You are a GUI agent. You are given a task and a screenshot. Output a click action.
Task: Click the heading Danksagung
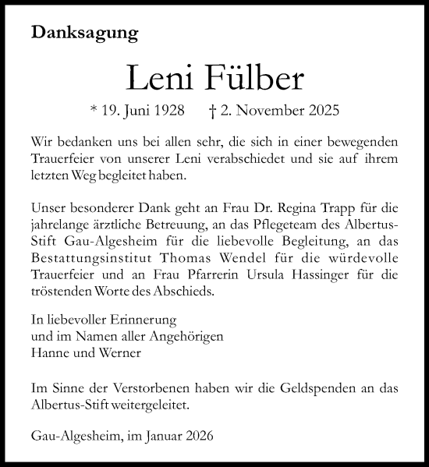[85, 34]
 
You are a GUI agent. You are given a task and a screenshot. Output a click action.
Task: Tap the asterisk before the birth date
[94, 110]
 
